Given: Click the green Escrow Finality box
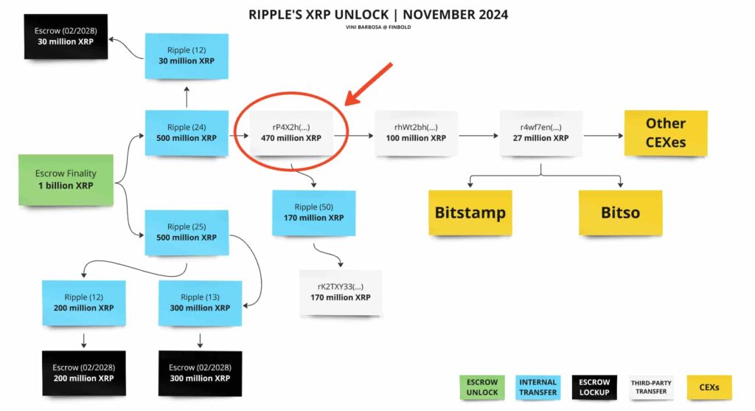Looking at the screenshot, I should click(66, 179).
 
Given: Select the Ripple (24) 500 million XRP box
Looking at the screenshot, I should click(187, 133).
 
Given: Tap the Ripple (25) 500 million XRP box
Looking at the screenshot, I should click(187, 232).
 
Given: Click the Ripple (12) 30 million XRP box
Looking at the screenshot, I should click(187, 55).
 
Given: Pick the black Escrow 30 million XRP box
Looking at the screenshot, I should click(66, 36).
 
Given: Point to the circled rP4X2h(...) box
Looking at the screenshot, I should click(291, 133).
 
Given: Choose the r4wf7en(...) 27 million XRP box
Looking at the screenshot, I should click(540, 133).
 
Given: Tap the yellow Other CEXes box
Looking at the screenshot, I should click(666, 133).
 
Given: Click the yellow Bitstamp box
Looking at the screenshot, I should click(470, 213).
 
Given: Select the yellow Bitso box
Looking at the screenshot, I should click(619, 213).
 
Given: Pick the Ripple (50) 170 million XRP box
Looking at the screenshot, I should click(313, 213).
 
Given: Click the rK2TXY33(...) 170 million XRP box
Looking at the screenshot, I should click(340, 292).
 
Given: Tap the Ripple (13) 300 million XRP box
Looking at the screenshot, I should click(200, 303).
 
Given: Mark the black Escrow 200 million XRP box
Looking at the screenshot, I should click(83, 373).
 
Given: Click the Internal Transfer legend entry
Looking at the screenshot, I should click(537, 387).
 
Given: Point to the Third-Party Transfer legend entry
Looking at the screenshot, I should click(651, 387).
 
